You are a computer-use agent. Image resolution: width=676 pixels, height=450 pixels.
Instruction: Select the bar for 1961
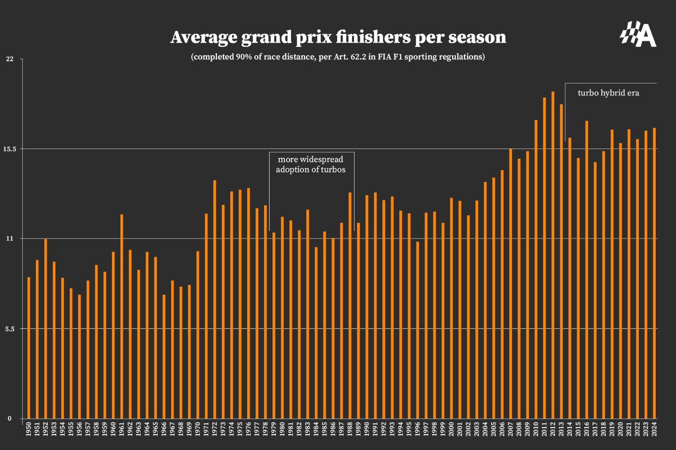point(122,317)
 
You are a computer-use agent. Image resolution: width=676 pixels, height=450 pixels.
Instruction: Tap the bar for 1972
point(215,299)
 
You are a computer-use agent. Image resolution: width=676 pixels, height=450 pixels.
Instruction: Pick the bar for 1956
point(79,357)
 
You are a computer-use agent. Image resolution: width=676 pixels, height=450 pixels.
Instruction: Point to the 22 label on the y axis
point(9,59)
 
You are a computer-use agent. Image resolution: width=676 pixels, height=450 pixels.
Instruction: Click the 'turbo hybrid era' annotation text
point(608,93)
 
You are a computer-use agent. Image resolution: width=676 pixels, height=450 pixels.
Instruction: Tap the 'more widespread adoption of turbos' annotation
point(311,164)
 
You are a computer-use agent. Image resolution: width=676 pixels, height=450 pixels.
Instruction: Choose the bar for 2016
point(586,270)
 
